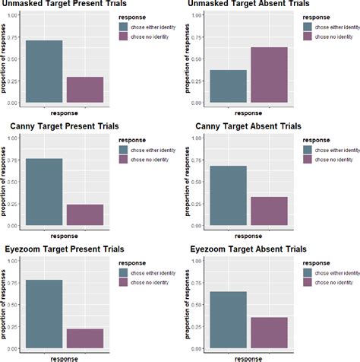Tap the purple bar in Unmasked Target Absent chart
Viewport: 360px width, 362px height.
(269, 75)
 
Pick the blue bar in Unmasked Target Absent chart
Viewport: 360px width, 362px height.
(228, 86)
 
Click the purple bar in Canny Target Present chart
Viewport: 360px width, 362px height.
(85, 214)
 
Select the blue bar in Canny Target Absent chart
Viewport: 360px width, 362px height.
(228, 195)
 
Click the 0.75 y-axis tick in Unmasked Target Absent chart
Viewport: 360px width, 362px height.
(195, 37)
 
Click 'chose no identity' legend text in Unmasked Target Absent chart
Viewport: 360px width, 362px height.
(335, 38)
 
